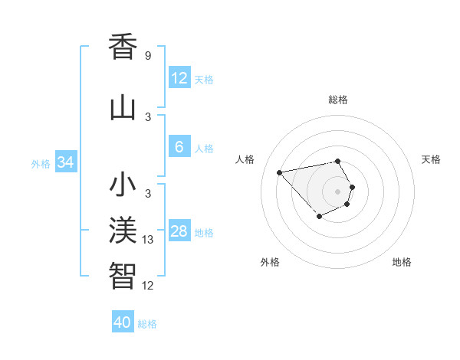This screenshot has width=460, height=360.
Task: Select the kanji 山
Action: (123, 107)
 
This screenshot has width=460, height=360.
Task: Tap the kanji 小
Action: (123, 185)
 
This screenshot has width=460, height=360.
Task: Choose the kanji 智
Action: (123, 275)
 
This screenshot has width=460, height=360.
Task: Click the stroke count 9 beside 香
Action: (147, 56)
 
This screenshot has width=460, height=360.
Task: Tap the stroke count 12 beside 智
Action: (148, 286)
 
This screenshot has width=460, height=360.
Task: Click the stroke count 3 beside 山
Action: (147, 117)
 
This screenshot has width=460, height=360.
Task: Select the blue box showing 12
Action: (179, 77)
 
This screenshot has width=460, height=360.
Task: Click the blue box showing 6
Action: (179, 147)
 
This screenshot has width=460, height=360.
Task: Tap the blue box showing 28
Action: (179, 231)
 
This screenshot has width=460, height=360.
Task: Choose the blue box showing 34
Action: (66, 162)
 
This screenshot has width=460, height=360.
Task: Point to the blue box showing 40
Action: (123, 322)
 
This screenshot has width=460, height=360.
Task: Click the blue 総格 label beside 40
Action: (147, 324)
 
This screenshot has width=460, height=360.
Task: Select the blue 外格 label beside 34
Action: (41, 164)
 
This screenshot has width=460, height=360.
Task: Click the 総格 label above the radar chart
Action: (337, 100)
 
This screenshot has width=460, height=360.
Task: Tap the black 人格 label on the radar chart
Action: (245, 159)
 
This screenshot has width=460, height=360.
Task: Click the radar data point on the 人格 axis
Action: (280, 172)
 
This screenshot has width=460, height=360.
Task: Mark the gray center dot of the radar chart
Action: (337, 191)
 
